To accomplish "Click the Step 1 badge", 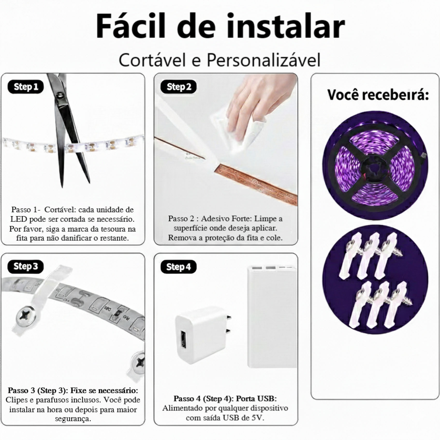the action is pos(26,87).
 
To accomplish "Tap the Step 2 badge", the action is pos(179,87).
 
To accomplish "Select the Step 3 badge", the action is pos(26,267).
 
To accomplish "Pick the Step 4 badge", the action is pos(179,267).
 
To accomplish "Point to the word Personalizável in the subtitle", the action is pos(263,60).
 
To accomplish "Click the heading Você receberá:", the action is pos(378,95).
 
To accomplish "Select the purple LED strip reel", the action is pos(375,166).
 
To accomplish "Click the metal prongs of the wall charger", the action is pos(228,324).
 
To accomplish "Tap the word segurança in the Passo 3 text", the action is pos(73,419).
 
